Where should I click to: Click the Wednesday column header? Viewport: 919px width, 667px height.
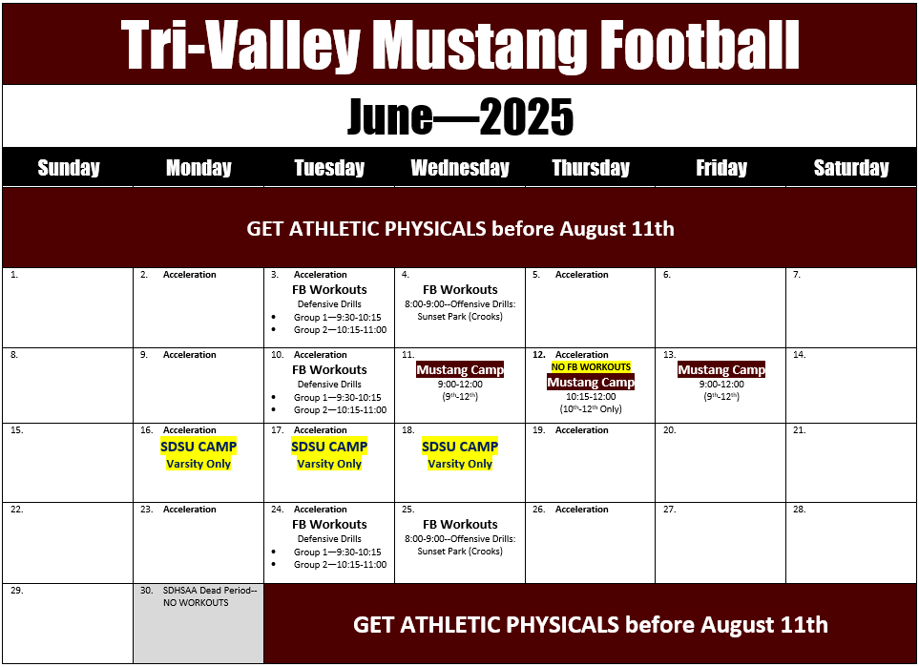[x=460, y=168]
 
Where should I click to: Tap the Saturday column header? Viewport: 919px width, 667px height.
[x=851, y=168]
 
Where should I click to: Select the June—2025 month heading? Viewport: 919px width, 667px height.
[x=460, y=116]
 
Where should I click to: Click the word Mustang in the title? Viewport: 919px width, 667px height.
[x=479, y=46]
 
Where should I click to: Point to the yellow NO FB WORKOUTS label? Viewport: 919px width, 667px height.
[x=591, y=367]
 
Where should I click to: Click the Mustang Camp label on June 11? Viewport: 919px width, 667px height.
[x=460, y=370]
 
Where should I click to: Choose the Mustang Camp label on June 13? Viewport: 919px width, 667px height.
[x=721, y=370]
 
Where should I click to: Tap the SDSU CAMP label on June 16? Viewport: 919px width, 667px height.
[x=198, y=447]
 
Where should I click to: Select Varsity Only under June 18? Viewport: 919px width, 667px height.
[x=460, y=464]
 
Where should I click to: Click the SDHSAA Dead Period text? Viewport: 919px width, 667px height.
[x=210, y=591]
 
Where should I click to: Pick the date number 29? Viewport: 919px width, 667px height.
[x=17, y=591]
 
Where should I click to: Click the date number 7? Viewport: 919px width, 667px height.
[x=797, y=274]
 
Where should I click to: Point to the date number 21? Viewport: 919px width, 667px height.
[x=800, y=430]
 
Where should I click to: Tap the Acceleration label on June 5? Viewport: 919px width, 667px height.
[x=582, y=274]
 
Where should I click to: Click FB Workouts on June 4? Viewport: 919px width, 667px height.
[x=460, y=289]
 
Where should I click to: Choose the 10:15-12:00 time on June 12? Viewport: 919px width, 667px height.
[x=591, y=396]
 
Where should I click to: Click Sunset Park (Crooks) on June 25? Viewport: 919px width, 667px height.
[x=460, y=551]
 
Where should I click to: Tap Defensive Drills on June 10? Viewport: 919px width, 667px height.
[x=329, y=385]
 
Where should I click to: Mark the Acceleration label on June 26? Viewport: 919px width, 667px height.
[x=582, y=510]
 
